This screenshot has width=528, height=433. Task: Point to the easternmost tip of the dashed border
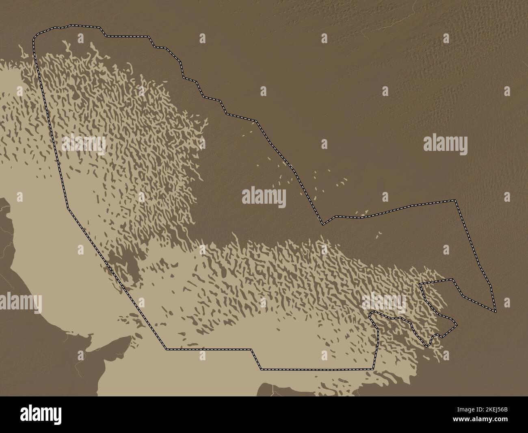[x=496, y=311]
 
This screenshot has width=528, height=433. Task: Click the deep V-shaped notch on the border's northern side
[x=323, y=224]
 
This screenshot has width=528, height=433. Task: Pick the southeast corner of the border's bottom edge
[x=372, y=369]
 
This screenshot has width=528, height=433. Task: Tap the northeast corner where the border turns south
[x=456, y=200]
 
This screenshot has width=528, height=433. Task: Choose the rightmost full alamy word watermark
[x=446, y=144]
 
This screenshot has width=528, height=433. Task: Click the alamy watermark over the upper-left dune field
[x=84, y=144]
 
